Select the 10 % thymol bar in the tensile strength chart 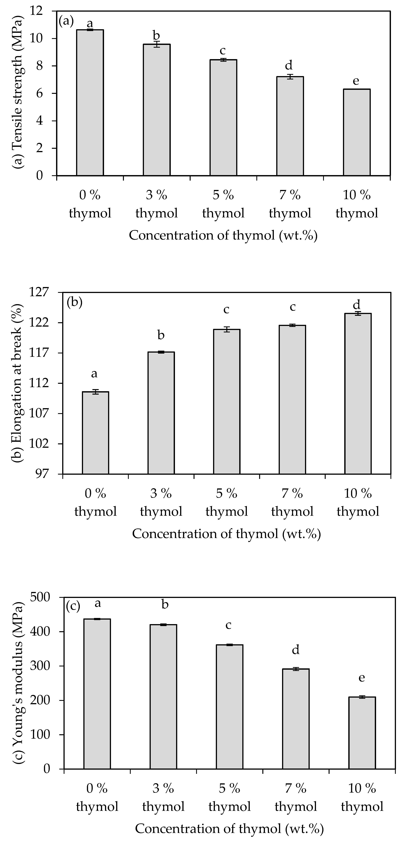[x=357, y=132]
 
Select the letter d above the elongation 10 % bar [x=357, y=305]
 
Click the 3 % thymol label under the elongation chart [x=161, y=502]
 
